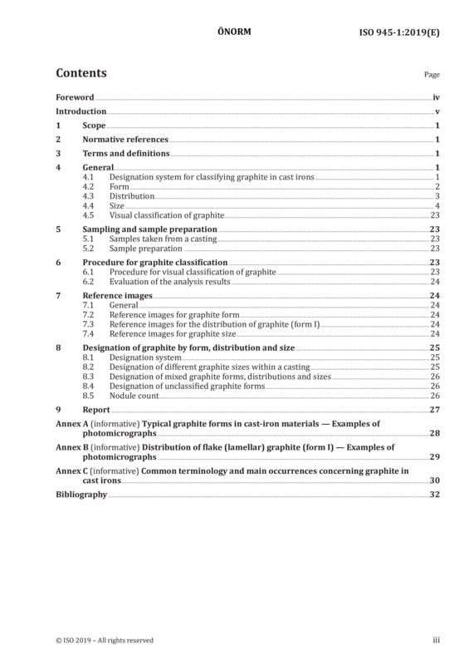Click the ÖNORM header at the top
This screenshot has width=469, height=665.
234,32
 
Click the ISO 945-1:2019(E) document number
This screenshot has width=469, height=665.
399,32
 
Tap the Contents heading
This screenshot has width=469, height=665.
81,73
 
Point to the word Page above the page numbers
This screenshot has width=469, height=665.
432,75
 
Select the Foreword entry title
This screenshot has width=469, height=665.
75,97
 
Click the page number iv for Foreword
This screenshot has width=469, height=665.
437,97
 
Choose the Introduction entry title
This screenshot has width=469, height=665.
81,111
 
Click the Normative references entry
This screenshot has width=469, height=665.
125,139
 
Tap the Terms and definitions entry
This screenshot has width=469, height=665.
126,153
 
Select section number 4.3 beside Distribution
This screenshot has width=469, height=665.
88,196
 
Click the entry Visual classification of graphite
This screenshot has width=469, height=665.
167,215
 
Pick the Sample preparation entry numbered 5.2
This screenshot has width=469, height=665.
146,249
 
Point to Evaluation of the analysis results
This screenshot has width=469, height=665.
170,282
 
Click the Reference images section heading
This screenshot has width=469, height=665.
117,296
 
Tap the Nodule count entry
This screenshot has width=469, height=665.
134,396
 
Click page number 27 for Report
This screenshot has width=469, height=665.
435,410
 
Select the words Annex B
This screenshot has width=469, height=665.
72,447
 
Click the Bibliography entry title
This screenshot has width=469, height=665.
81,495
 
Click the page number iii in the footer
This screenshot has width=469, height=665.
437,640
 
